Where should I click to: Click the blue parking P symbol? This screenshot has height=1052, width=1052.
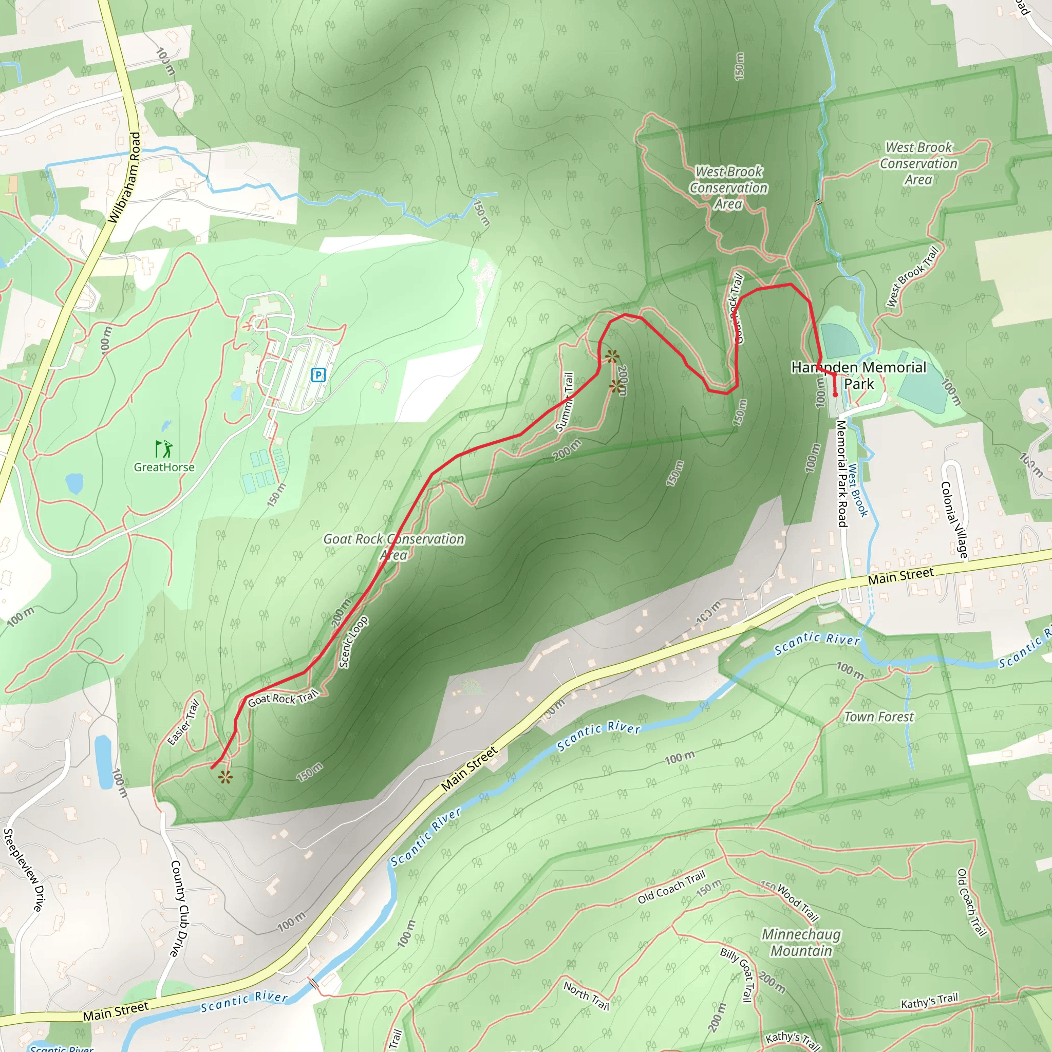(318, 374)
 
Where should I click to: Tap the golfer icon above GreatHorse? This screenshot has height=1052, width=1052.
(164, 448)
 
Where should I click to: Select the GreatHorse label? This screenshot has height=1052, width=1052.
(164, 467)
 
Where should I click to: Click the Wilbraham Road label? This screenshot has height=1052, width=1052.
(125, 178)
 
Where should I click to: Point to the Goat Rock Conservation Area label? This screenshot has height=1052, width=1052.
(393, 547)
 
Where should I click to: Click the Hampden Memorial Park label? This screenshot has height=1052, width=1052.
(858, 375)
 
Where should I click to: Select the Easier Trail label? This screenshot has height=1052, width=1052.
(183, 722)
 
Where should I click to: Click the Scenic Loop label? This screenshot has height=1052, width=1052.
(353, 642)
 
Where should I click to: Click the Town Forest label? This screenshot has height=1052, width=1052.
(879, 717)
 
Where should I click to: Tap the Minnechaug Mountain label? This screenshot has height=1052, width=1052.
(801, 943)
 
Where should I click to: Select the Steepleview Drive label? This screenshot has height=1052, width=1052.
(23, 870)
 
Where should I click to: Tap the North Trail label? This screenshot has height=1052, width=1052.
(587, 995)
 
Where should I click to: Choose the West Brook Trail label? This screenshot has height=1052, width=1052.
(913, 277)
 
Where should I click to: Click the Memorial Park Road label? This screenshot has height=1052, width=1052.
(842, 474)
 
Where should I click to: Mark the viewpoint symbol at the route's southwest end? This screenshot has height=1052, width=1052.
(225, 777)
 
